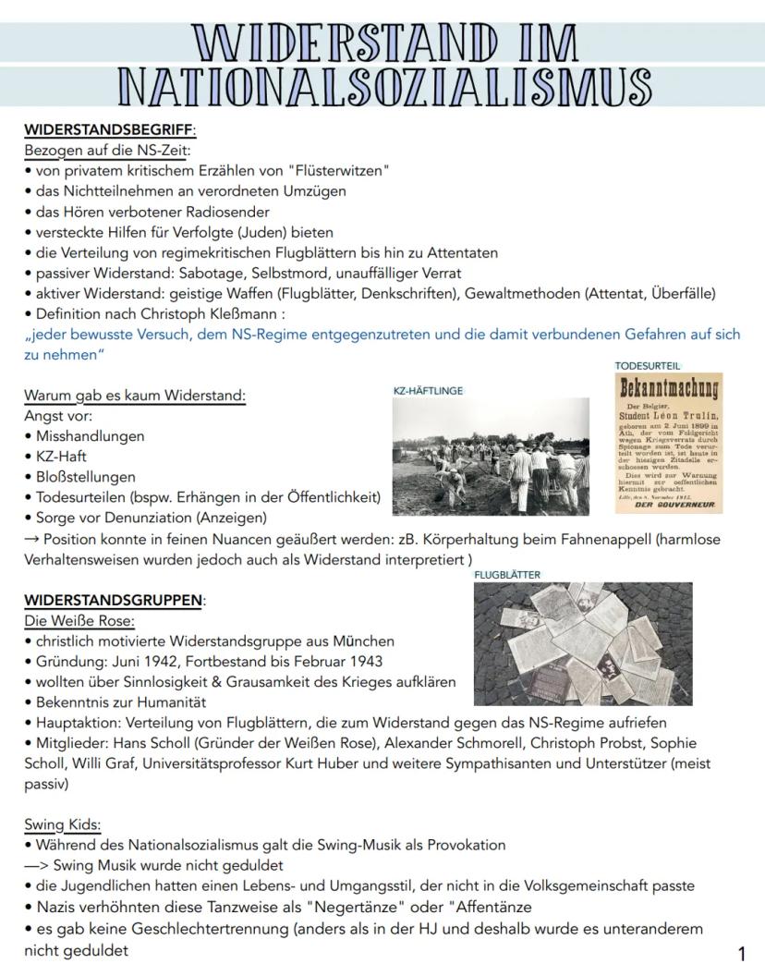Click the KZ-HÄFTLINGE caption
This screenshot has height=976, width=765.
tap(428, 391)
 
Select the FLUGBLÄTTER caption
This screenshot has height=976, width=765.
tap(507, 574)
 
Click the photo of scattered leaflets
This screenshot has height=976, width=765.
tap(582, 643)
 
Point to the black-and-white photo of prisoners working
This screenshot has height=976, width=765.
tap(490, 456)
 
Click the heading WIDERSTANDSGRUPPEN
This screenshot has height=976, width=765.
tap(113, 601)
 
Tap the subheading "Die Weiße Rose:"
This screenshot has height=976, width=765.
tap(79, 620)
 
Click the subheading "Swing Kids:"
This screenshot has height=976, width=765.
tap(63, 824)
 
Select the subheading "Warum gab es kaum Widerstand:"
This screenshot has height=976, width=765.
tap(135, 396)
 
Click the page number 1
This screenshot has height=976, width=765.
tap(741, 954)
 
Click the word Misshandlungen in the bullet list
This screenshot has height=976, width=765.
tap(91, 436)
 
